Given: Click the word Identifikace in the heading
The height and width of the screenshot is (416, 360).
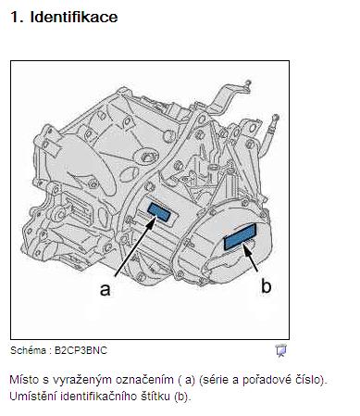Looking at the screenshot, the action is (x=74, y=17).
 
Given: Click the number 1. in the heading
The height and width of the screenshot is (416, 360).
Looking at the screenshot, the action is (x=17, y=18).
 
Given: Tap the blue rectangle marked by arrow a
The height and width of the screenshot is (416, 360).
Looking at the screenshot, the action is (x=159, y=212).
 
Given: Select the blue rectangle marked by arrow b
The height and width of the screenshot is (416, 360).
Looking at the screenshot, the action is (x=240, y=236).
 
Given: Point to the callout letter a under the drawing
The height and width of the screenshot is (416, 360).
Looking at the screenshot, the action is (x=105, y=290).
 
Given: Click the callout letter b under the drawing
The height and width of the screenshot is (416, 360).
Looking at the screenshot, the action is (x=266, y=285).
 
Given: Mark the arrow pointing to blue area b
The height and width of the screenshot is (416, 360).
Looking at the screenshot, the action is (x=251, y=258).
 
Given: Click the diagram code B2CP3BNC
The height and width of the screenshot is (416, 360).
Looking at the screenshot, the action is (x=81, y=350).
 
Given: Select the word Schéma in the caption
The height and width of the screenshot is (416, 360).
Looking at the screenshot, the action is (x=28, y=350).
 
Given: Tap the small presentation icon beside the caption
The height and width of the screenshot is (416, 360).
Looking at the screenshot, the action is (x=280, y=350).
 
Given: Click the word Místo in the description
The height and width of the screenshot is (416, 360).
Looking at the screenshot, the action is (x=25, y=380).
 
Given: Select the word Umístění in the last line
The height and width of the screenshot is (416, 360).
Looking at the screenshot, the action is (x=33, y=397).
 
